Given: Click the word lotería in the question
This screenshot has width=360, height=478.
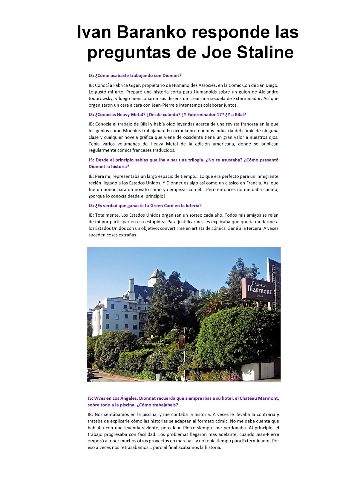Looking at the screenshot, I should (193, 206).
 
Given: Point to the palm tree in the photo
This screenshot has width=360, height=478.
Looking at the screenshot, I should (212, 301).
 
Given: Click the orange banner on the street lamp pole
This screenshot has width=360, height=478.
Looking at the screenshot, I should (181, 342).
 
